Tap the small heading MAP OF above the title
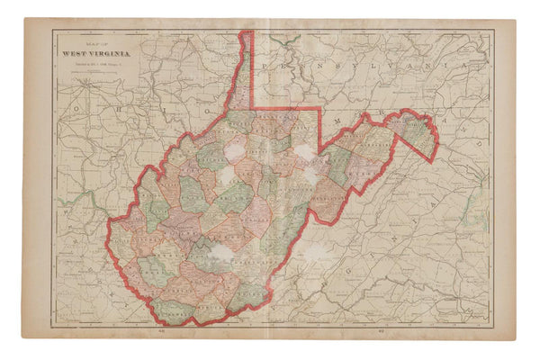pos(93,42)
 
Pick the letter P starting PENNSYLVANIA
pos(265,67)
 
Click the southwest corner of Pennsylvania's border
pos(255,105)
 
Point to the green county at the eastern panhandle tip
pos(417,129)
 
